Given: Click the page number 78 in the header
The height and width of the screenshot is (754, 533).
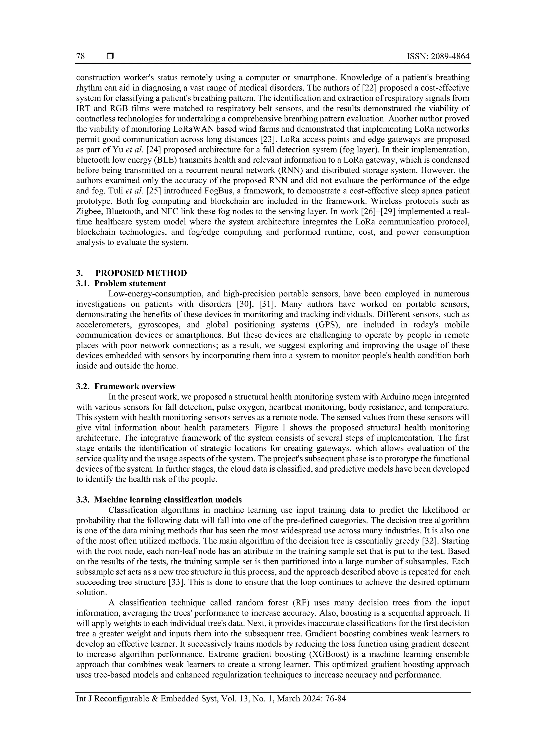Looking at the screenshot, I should (x=80, y=56).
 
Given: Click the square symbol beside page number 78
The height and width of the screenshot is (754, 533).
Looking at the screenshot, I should (x=110, y=56).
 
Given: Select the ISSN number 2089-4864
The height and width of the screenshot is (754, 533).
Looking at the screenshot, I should (x=451, y=56).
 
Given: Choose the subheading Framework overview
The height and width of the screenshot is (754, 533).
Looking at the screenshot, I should (x=135, y=386).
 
